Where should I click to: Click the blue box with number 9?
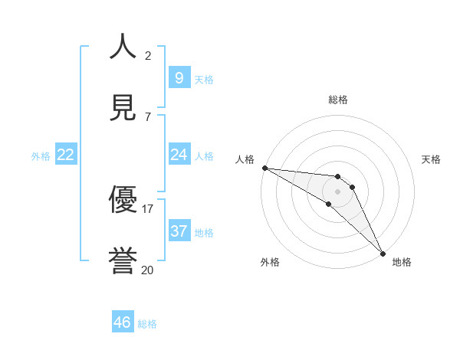pos(179,77)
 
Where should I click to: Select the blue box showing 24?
pos(179,155)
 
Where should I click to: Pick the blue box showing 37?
pos(179,231)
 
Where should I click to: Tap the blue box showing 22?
pos(66,155)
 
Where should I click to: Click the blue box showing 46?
pos(123,322)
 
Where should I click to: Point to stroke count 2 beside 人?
pos(148,55)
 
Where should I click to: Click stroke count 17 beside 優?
pos(148,208)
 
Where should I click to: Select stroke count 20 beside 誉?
pos(148,270)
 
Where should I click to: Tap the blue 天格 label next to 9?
pos(204,79)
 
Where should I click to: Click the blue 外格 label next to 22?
pos(41,155)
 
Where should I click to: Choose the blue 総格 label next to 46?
pos(147,324)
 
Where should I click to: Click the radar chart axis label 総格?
pos(338,100)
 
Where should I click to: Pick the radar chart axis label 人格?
pos(245,159)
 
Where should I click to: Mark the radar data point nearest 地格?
pos(382,253)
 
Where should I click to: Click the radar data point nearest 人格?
pos(264,168)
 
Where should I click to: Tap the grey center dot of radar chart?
pos(337,191)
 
